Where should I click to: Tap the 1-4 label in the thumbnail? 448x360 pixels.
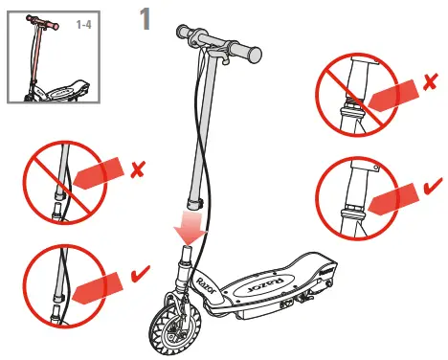click(84, 24)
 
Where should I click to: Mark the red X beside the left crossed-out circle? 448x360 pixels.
click(138, 171)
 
